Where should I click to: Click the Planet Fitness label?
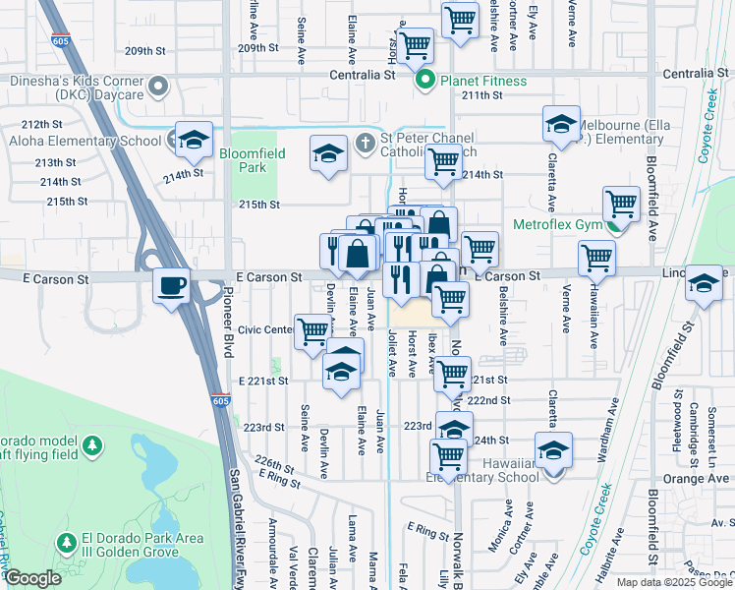click(482, 81)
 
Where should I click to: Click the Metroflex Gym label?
click(556, 224)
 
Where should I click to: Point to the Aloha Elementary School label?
click(84, 142)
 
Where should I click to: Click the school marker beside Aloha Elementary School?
click(194, 140)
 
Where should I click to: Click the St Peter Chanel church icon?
click(365, 142)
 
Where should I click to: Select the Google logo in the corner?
click(32, 578)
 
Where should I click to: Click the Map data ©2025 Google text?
click(674, 582)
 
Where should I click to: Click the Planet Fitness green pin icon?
click(425, 81)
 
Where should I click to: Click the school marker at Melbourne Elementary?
click(561, 124)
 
